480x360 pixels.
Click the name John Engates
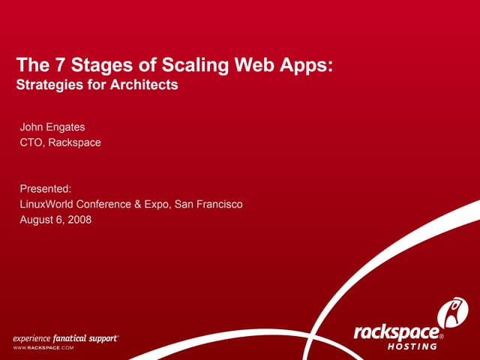(52, 127)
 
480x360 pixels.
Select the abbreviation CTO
(31, 142)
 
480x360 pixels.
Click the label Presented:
(45, 189)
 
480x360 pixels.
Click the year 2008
(79, 219)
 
